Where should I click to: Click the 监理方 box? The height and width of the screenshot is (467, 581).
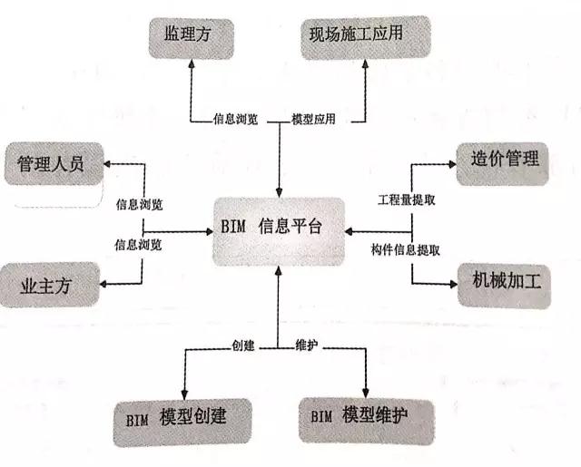coord(192,38)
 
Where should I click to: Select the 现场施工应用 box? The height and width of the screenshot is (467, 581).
coord(366,37)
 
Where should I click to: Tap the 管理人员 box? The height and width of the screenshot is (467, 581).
coord(54,163)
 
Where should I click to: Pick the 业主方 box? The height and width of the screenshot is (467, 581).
coord(50,285)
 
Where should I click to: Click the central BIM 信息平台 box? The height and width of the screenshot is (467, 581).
coord(279,231)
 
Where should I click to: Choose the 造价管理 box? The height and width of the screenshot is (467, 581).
coord(502,163)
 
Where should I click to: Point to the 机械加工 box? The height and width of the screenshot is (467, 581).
coord(505,286)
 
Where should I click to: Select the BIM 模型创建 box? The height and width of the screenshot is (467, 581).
coord(182,422)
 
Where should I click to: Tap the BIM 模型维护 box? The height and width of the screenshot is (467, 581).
coord(367,421)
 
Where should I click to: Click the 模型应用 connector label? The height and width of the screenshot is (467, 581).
coord(313,119)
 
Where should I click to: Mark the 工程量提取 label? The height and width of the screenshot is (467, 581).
coord(407,199)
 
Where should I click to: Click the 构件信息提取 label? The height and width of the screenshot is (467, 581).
coord(406,250)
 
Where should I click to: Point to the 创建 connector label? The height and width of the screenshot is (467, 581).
coord(243,345)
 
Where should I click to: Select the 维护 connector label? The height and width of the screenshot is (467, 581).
coord(307,345)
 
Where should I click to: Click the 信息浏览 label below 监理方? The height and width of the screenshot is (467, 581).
coord(235,119)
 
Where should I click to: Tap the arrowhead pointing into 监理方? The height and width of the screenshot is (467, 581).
coord(192,63)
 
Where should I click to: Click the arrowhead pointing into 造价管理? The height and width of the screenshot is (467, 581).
coord(452,164)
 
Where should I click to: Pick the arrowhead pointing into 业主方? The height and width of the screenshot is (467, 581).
coord(103,284)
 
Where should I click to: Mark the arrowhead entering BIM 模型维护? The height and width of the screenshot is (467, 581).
coord(366,394)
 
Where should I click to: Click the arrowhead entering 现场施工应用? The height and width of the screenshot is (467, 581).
coord(365,63)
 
